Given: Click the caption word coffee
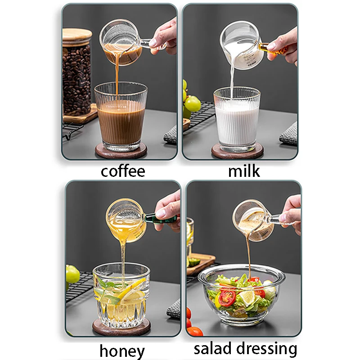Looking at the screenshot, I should (123, 171).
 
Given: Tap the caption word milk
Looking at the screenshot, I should (244, 171).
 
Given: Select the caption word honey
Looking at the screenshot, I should (122, 351).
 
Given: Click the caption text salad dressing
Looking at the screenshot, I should (246, 349).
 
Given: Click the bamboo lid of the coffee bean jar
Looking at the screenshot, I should (77, 35).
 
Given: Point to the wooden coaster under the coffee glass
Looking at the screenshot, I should (121, 152).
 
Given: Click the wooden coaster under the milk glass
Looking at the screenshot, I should (237, 153).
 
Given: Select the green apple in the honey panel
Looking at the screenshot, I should (72, 274).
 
